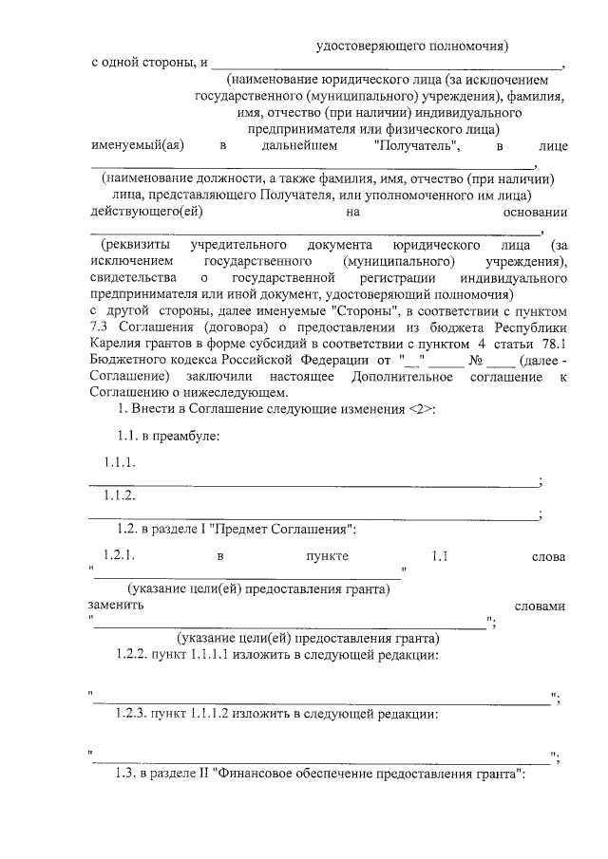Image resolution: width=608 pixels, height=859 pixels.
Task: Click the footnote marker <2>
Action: click(422, 409)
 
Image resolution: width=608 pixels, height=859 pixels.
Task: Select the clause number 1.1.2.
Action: click(121, 496)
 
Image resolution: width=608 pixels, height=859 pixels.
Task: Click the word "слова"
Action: click(549, 555)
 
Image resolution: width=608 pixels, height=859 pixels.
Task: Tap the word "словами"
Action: click(539, 606)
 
